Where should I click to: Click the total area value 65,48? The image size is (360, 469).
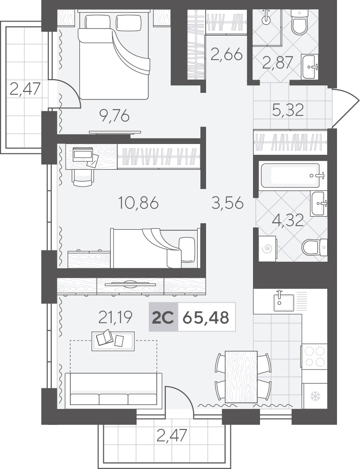[206, 318]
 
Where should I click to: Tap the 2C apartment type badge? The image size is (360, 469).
[163, 318]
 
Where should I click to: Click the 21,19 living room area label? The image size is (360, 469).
[115, 318]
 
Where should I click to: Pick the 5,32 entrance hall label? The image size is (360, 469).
[288, 110]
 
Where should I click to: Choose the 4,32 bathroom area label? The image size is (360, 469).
[288, 220]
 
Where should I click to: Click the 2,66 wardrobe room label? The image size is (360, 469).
[226, 55]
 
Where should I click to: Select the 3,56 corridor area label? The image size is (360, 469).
[227, 204]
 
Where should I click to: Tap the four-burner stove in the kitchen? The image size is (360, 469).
[314, 356]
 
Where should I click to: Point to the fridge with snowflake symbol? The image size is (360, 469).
[315, 396]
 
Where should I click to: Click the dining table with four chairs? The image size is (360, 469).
[242, 376]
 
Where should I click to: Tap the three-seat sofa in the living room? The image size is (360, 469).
[114, 389]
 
